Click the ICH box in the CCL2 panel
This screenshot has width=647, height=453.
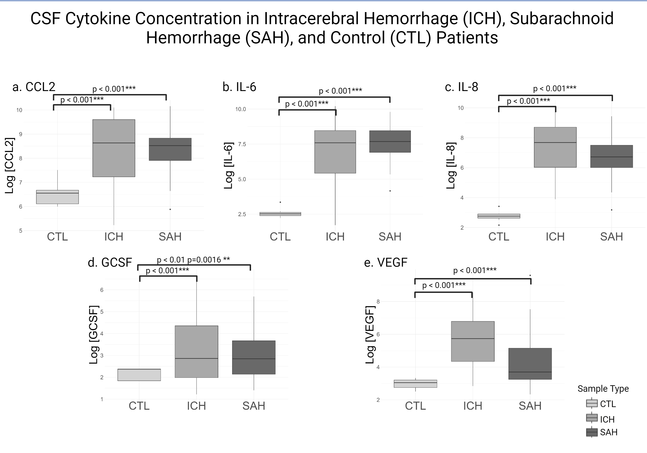click(114, 148)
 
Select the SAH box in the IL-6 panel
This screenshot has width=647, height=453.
click(390, 142)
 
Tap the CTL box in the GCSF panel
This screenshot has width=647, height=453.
click(139, 375)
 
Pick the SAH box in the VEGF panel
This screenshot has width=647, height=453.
click(530, 364)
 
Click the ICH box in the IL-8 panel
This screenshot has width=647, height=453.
click(555, 147)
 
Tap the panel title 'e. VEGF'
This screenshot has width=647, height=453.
click(385, 263)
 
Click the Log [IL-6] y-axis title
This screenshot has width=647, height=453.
click(228, 165)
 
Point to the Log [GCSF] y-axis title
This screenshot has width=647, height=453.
click(93, 335)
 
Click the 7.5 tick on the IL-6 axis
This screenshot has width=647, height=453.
click(242, 144)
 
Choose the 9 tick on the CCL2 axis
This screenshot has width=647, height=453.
click(20, 134)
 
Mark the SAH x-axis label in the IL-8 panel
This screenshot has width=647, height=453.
click(611, 236)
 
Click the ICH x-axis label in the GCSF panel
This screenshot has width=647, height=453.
click(196, 406)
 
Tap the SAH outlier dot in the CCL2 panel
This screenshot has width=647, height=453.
click(170, 209)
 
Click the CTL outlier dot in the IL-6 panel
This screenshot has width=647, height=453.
click(280, 202)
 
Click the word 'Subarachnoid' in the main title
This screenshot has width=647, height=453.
click(561, 19)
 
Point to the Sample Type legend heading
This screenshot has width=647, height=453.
click(603, 389)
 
